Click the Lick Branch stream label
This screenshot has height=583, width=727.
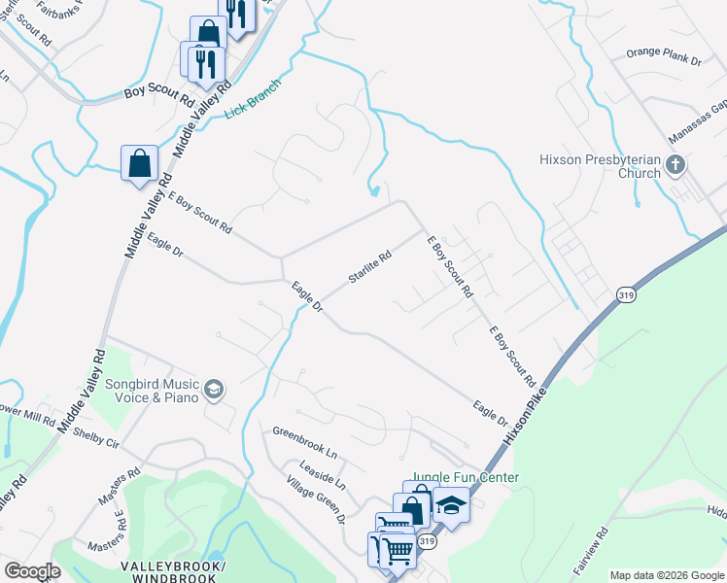click(x=253, y=99)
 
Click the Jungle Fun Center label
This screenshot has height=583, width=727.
click(x=465, y=477)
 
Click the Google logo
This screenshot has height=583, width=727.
click(x=32, y=571)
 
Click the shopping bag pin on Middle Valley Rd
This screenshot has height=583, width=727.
click(x=139, y=163)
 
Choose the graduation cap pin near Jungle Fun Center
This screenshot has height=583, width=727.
click(x=451, y=505)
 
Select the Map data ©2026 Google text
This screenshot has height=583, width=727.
click(x=667, y=575)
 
